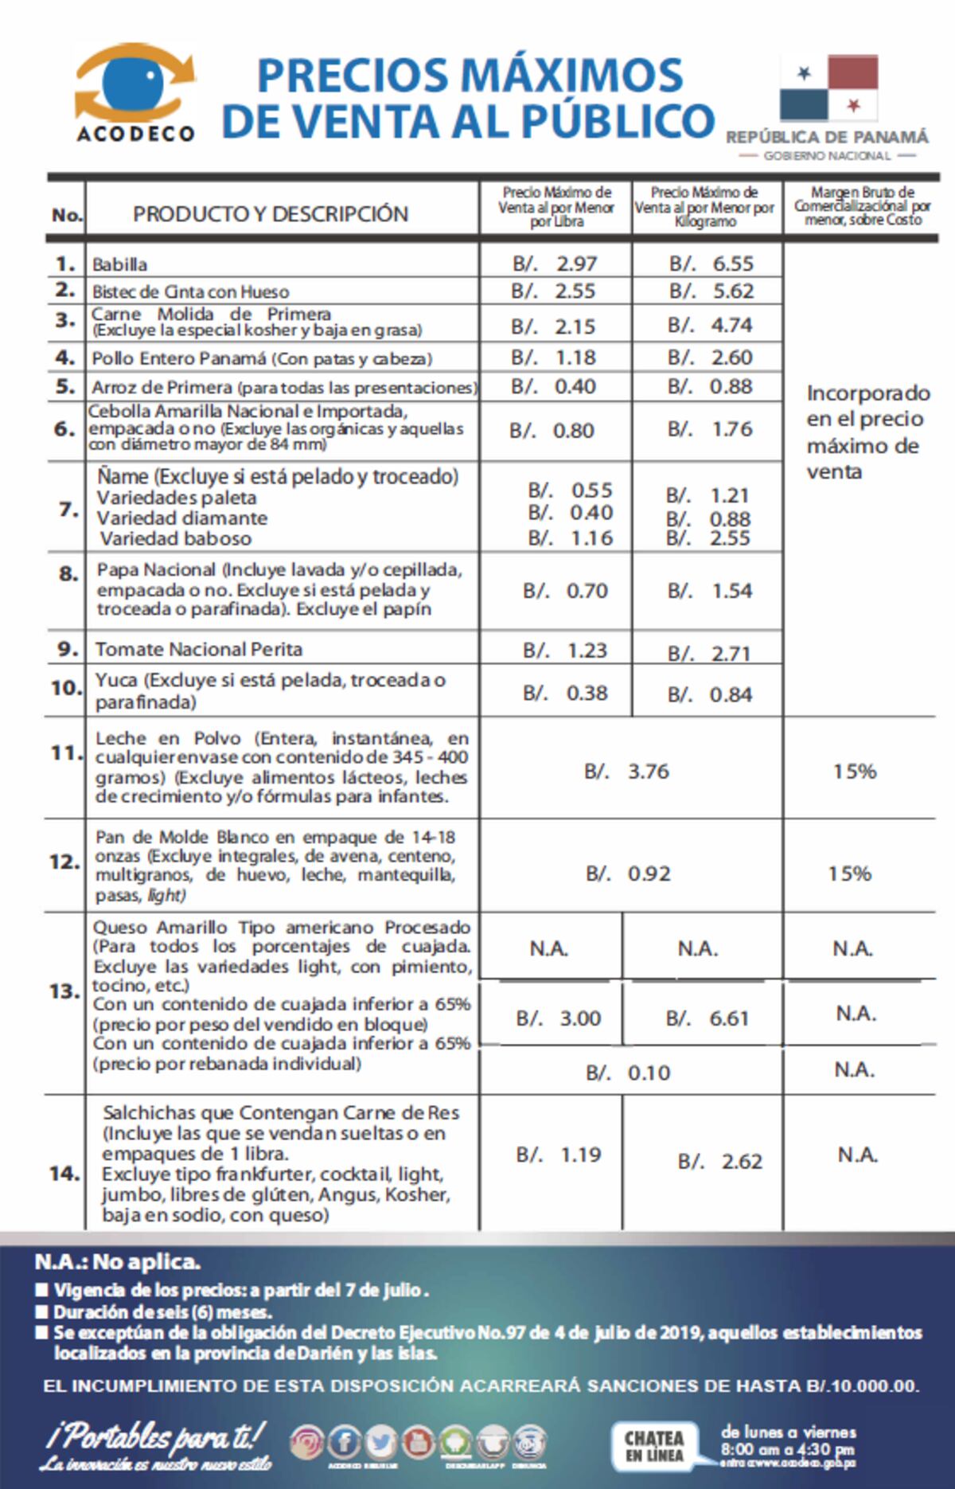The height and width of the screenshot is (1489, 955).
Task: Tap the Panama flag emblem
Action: coord(828,88)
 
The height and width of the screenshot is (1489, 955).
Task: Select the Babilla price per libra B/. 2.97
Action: coord(555,264)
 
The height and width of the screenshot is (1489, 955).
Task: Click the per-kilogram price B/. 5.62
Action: coord(711,291)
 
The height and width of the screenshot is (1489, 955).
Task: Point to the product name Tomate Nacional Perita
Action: coord(199,649)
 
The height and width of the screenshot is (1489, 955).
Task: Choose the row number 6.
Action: coord(64,429)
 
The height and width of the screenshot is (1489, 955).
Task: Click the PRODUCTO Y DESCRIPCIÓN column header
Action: coord(271,213)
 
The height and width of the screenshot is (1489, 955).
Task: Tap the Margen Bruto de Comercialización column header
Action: coord(862,206)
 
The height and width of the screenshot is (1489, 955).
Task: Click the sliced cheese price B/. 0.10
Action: coord(628,1073)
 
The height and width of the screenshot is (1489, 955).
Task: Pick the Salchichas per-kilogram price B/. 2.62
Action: coord(719,1162)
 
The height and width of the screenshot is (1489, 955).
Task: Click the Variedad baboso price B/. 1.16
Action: coord(571,538)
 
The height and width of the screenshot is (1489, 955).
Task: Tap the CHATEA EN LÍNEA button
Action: coord(654,1446)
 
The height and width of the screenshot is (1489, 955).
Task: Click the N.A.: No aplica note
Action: coord(117,1262)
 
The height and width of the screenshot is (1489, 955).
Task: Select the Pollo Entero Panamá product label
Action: coord(262,358)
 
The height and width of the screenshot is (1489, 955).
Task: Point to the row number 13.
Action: coord(64,991)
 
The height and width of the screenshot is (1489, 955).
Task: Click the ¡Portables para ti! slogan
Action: coord(156,1438)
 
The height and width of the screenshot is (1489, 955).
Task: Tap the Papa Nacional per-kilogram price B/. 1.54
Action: coord(710,591)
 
